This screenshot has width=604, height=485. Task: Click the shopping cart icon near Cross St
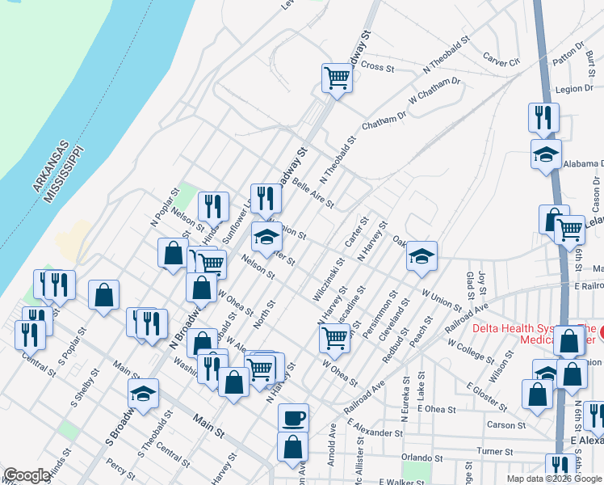(x=337, y=78)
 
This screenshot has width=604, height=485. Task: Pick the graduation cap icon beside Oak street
(x=421, y=256)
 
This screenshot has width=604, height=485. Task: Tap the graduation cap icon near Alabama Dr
(x=546, y=154)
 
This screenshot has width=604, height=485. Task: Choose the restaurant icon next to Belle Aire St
(x=265, y=198)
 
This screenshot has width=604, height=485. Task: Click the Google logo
(x=27, y=476)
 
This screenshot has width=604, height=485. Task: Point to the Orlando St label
(x=420, y=458)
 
